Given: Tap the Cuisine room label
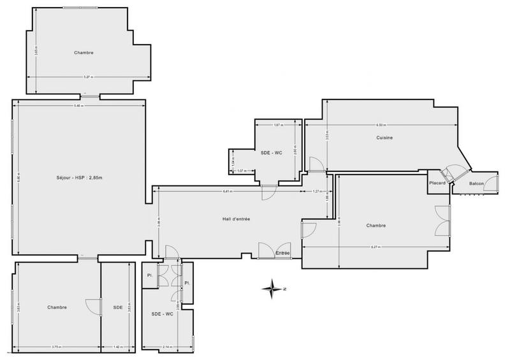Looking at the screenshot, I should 384,138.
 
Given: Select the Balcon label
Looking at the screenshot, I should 476,184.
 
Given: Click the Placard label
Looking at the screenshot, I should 437,184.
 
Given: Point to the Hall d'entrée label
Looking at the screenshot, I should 236,219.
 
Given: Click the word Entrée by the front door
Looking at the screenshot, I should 282,254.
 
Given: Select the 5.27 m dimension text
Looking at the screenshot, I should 89,78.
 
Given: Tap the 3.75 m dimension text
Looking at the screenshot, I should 57,347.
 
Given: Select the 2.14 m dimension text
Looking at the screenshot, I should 166,347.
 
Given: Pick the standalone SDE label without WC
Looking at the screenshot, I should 118,307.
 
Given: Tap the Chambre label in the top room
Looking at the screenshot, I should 84,53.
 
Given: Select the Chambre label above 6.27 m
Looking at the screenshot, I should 377,226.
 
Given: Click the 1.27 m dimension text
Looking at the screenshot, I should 317,191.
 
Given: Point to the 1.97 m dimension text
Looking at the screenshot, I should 277,125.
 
